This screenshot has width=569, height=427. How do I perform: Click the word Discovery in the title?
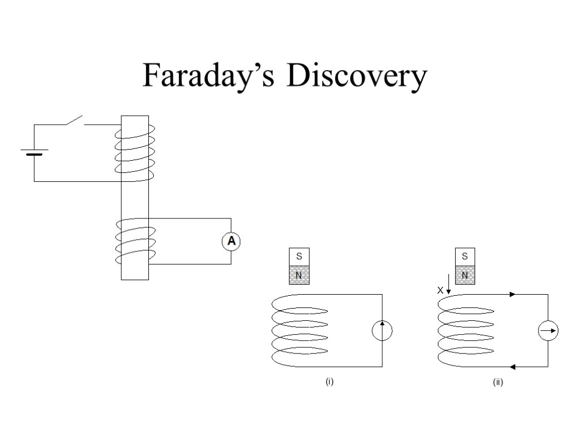point(357,76)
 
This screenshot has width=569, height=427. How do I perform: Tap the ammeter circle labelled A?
point(231,241)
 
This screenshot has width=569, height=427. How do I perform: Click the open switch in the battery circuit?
point(75,120)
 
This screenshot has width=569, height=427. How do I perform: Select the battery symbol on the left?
point(34,152)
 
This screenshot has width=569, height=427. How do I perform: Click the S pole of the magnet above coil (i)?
point(299,257)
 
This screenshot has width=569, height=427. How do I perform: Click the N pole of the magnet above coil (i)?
point(299,275)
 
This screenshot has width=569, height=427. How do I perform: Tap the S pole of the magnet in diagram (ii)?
point(465,257)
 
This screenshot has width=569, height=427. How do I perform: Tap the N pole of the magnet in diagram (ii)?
point(465,275)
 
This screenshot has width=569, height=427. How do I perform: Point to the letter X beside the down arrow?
point(440,290)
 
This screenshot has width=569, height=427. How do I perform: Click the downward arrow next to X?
point(448,284)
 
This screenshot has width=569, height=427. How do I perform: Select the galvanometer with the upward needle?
point(382,330)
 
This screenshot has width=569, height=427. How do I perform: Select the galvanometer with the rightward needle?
point(548,330)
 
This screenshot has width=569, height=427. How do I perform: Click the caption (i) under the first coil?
point(330,381)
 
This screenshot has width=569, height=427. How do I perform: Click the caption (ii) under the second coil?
point(498,382)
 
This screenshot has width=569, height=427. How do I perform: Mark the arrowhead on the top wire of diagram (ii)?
point(512,294)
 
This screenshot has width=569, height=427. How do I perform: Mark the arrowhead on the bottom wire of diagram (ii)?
point(512,367)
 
